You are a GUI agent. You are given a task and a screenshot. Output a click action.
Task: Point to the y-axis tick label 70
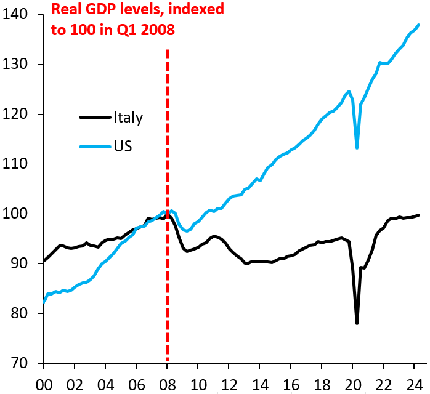(22, 363)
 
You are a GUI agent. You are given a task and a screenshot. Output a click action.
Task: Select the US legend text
(123, 147)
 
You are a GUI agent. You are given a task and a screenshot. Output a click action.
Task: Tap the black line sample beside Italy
(95, 118)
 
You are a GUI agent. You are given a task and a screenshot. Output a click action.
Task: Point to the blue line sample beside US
(95, 147)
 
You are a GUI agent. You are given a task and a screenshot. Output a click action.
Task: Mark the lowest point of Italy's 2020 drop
(357, 323)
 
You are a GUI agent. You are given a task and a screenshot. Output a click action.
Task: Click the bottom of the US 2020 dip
(357, 148)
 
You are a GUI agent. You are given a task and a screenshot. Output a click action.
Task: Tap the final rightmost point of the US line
(419, 25)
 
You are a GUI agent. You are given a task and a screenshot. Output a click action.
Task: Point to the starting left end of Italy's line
(44, 261)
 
